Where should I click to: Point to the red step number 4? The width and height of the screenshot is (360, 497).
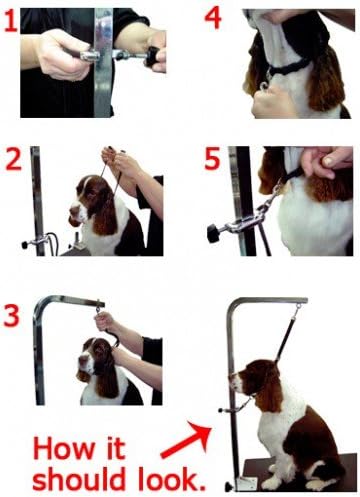tap(212, 18)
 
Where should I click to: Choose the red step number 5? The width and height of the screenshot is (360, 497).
tap(212, 160)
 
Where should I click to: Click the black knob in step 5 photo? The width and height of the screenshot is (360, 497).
tap(213, 234)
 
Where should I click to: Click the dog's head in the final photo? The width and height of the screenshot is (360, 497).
tap(252, 378)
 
